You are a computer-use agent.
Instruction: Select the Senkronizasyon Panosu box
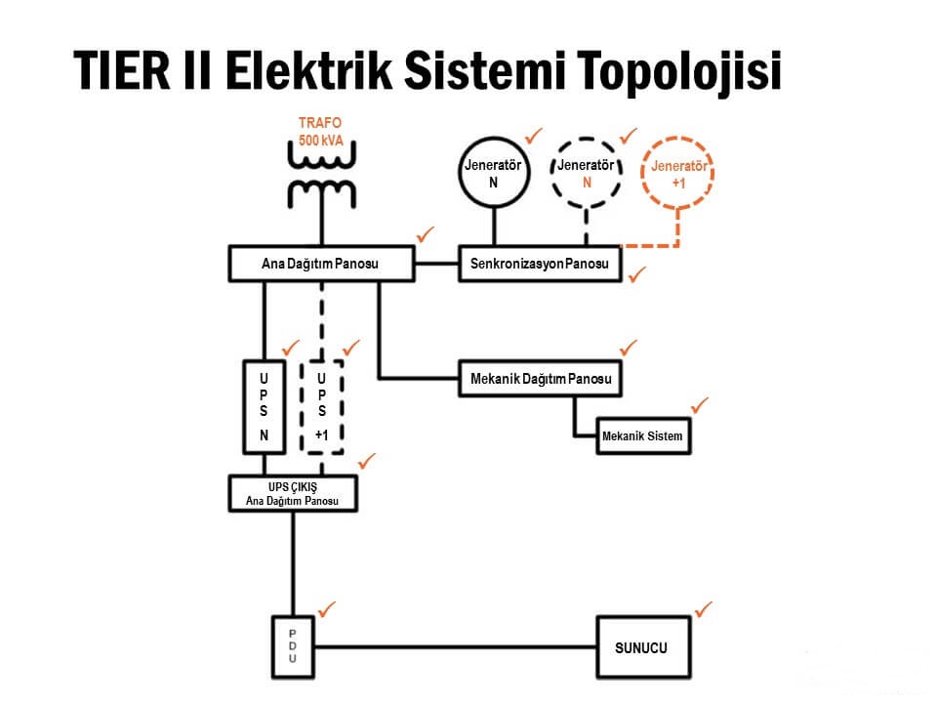[x=540, y=265]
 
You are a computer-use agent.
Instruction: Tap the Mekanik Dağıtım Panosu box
[x=540, y=378]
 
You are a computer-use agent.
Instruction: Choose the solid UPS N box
[x=264, y=406]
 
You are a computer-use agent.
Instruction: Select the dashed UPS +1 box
[x=321, y=406]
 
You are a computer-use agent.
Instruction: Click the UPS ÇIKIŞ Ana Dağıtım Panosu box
[x=292, y=494]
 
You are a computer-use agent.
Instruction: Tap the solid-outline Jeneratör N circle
[x=494, y=173]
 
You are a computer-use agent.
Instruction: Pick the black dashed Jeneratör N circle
[x=587, y=173]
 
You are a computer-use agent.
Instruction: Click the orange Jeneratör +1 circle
[x=678, y=174]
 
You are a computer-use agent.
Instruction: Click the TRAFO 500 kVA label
[x=320, y=132]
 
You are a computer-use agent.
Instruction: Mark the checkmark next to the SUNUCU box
[x=703, y=610]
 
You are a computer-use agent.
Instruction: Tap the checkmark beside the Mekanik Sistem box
[x=700, y=404]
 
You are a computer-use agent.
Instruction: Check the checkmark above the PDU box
[x=326, y=608]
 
